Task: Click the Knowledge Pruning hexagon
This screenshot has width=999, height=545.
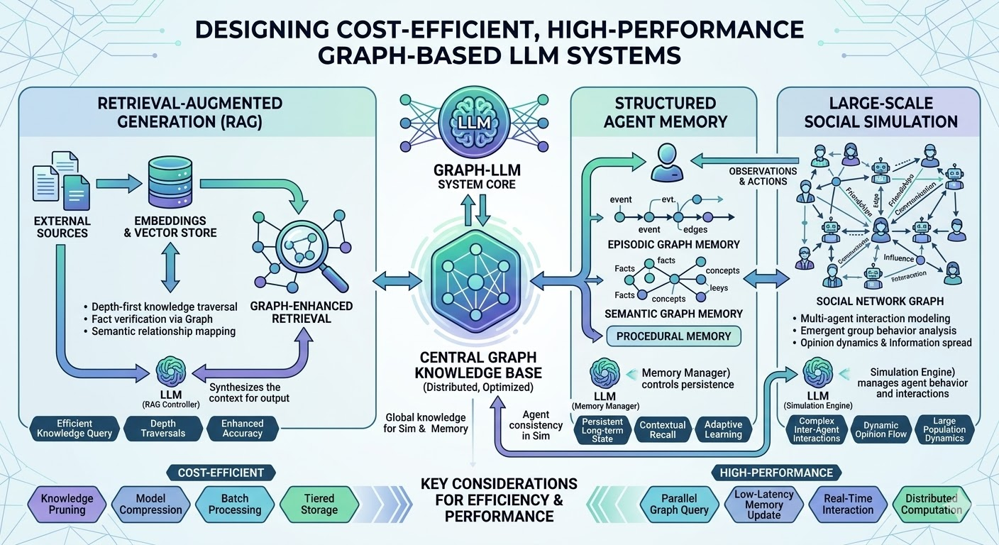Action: click(67, 504)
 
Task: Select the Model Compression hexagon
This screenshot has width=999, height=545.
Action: click(150, 504)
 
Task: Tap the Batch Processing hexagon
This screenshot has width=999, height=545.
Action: click(235, 504)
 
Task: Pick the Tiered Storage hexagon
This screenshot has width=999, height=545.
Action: click(319, 504)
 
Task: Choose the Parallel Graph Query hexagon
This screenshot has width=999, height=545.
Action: click(679, 504)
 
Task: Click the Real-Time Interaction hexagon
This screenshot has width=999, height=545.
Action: click(848, 504)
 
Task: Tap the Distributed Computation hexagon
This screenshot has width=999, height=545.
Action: click(931, 504)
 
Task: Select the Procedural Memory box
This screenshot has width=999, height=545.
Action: click(674, 336)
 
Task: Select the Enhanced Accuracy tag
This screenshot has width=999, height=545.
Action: click(243, 428)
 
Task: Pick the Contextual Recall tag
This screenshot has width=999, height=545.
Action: click(663, 429)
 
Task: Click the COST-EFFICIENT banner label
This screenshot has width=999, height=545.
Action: click(221, 473)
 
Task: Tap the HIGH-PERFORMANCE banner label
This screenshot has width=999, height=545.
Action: click(776, 473)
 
